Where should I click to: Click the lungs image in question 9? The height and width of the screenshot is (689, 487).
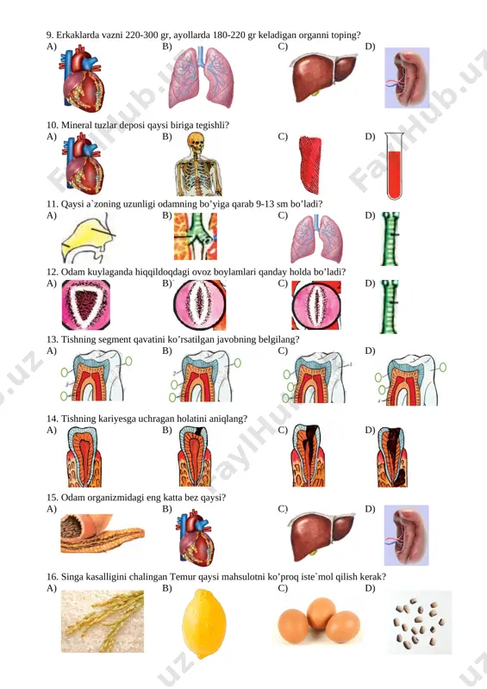click(x=201, y=78)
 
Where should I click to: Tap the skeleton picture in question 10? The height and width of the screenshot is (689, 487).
click(x=198, y=164)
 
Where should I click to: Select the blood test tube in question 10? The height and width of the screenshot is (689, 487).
click(x=394, y=166)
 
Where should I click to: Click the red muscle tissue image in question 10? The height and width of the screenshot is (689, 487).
click(x=310, y=164)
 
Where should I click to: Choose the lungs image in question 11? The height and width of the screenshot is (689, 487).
click(x=316, y=239)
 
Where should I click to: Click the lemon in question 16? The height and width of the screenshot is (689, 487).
click(x=204, y=624)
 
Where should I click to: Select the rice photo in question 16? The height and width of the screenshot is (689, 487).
click(x=103, y=621)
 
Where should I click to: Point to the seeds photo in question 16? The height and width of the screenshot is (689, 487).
click(x=419, y=623)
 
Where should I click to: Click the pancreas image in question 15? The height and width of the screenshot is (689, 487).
click(x=103, y=533)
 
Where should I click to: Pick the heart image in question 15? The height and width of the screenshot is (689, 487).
click(x=196, y=538)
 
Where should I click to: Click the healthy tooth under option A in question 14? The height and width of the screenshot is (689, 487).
click(x=84, y=457)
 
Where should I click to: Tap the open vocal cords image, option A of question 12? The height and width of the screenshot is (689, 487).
click(x=86, y=305)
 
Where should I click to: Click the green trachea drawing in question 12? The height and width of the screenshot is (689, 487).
click(x=390, y=306)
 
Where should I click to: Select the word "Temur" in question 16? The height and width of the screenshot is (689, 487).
click(x=183, y=577)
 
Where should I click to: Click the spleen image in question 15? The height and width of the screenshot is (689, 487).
click(x=407, y=536)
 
